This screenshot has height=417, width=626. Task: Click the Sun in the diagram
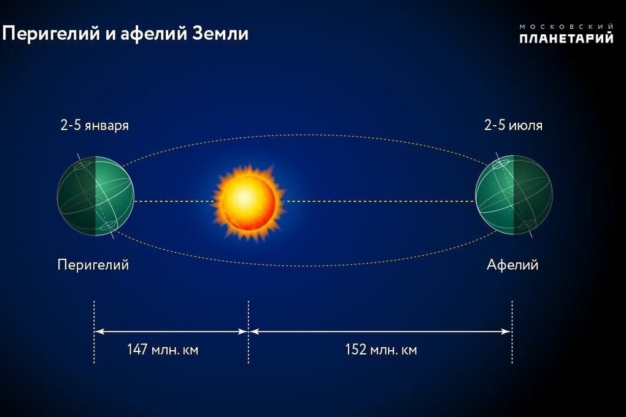click(249, 201)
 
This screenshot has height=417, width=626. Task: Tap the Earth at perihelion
click(95, 196)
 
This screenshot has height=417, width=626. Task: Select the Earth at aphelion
click(514, 195)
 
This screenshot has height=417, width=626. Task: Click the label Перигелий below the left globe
click(93, 264)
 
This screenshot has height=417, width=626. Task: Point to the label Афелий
click(512, 264)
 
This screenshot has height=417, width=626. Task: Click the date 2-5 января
click(95, 125)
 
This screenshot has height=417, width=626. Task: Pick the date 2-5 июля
click(514, 125)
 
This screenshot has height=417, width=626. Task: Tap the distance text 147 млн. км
click(163, 350)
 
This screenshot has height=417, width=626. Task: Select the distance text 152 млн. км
click(381, 350)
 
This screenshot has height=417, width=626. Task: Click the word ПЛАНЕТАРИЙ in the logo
click(566, 38)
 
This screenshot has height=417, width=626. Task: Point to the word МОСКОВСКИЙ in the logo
click(566, 26)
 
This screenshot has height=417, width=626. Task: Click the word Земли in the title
click(220, 33)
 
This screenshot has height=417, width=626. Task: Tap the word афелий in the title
click(154, 33)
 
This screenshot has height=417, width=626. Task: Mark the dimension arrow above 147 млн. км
click(171, 331)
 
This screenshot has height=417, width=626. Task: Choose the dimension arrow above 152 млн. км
click(381, 331)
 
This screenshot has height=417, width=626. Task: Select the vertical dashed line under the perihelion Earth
click(95, 332)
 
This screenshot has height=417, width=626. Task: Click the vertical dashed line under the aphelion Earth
click(512, 332)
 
